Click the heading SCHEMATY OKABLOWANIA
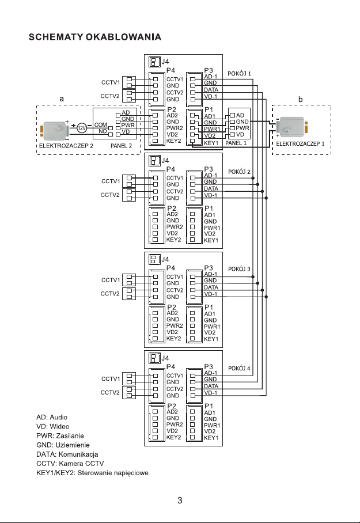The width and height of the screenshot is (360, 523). [95, 38]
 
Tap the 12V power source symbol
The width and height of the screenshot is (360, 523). [82, 127]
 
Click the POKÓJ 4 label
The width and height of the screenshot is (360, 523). [240, 367]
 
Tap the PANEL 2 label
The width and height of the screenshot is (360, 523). [121, 146]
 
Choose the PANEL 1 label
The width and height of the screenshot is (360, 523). [236, 142]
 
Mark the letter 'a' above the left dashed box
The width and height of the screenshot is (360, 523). [62, 99]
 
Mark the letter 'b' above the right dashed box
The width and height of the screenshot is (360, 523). [301, 99]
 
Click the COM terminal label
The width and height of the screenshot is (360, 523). [101, 124]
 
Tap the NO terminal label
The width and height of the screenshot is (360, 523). [103, 131]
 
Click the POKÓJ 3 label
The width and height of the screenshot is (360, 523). [240, 270]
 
